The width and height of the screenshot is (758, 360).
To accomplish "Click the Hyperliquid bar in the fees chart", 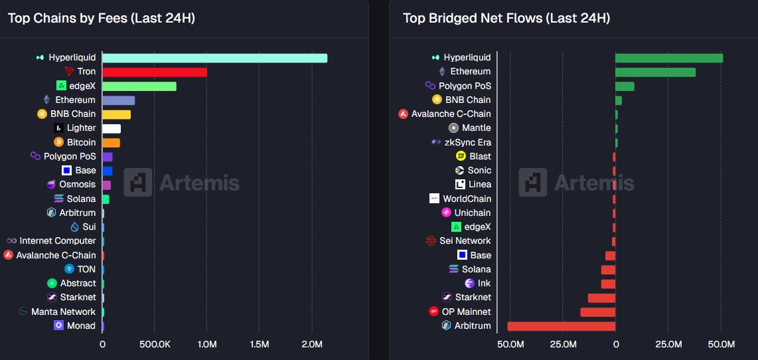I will coord(214,58).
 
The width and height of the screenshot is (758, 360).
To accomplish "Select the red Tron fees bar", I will coord(155,72).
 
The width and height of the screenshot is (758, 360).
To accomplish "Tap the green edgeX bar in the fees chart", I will coord(139,86).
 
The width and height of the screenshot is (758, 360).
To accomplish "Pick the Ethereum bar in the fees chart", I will coord(119,100).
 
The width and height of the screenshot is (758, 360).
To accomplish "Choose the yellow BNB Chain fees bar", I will coord(117,114).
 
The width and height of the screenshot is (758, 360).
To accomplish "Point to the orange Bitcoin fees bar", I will coord(112,142).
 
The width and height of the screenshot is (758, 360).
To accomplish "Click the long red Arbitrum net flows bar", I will coord(562,326).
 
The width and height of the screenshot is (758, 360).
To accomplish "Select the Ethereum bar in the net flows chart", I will coord(655,72).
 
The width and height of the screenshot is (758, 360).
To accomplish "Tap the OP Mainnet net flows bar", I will coord(598,312).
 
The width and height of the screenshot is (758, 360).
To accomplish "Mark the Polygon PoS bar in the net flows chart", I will coord(625,86).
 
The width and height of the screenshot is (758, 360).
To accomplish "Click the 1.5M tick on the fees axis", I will coord(260,344).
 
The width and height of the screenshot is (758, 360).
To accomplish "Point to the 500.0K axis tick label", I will coord(154,344).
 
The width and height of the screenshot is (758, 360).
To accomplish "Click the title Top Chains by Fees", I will coord(101,18).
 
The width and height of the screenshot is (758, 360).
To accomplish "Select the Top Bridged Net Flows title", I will coord(506,18).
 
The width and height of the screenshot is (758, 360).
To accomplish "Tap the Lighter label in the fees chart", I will coord(81,128).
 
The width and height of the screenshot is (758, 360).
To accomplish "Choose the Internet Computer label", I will coord(57,241).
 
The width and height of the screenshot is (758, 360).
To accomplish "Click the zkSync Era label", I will coord(468,142).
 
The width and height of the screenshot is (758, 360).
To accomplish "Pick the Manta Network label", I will coord(63,312).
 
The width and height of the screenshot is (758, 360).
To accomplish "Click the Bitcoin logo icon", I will coord(58,142).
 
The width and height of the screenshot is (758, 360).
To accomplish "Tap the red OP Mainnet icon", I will coord(434,312).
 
